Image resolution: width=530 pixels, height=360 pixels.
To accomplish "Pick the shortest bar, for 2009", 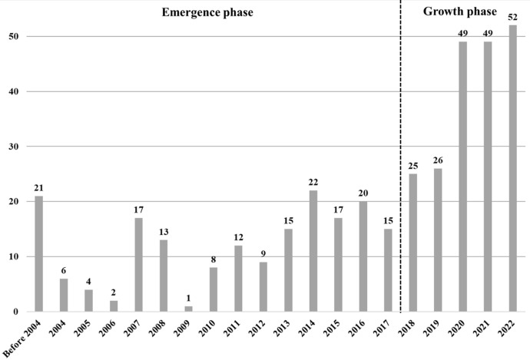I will coord(188,309).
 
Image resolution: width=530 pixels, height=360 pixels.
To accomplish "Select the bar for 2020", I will coord(463,177).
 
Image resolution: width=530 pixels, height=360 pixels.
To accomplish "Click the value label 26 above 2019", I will coord(438,161).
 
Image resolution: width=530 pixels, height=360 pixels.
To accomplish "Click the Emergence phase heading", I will coord(207,12).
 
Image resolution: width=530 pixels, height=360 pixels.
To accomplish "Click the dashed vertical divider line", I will coord(401,154).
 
